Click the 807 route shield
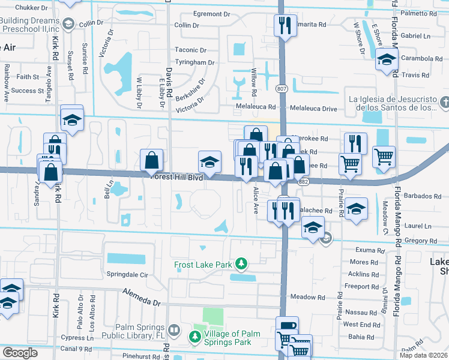[x=282, y=89]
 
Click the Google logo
[x=20, y=353]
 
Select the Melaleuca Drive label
[x=313, y=108]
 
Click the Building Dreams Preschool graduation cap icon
[x=69, y=23]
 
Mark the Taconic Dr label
[x=190, y=50]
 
